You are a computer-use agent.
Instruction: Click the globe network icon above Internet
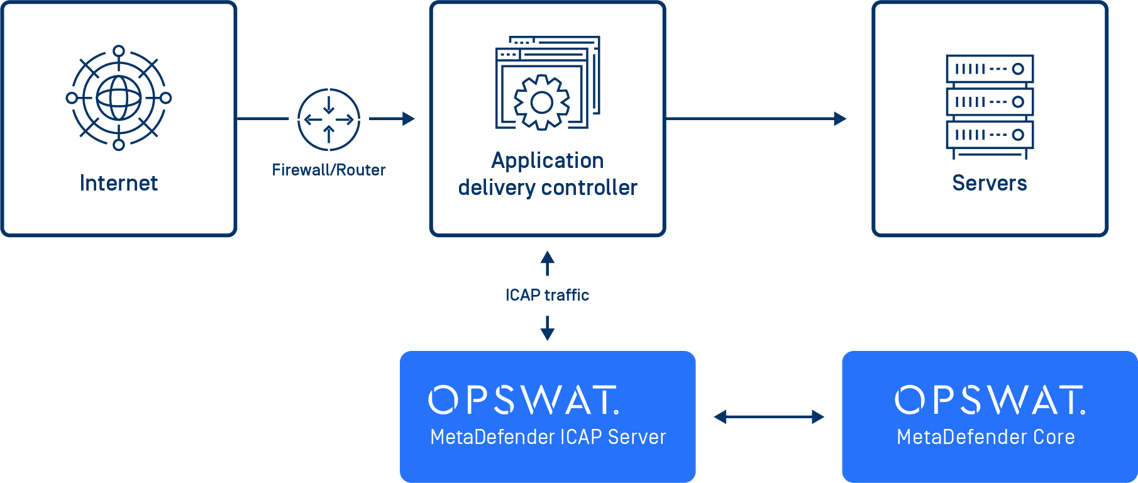(119, 98)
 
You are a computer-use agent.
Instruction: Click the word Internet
(119, 183)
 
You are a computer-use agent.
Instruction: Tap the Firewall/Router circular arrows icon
(328, 119)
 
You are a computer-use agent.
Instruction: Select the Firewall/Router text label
(328, 170)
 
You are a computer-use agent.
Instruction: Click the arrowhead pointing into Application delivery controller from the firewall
(409, 118)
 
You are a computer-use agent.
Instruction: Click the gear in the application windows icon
(542, 103)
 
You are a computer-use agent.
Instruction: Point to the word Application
(547, 160)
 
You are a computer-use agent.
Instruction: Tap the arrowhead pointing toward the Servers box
(840, 118)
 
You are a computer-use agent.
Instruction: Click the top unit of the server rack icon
(990, 69)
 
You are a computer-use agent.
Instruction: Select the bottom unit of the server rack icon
(990, 135)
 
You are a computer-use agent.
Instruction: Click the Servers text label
(990, 183)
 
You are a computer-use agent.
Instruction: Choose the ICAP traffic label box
(547, 295)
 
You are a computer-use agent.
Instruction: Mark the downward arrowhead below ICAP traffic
(548, 334)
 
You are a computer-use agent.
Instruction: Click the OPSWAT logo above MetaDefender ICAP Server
(524, 400)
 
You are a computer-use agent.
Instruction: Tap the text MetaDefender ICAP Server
(548, 437)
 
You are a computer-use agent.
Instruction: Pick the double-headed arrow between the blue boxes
(768, 416)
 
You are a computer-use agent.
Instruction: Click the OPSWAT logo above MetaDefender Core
(990, 400)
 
